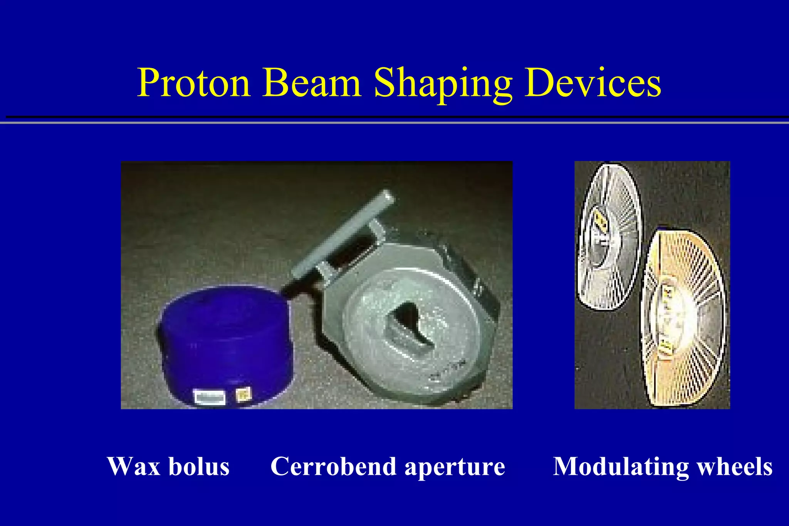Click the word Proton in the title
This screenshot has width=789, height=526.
tap(194, 83)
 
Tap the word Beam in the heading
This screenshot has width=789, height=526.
tap(311, 83)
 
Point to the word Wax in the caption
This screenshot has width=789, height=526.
tap(133, 467)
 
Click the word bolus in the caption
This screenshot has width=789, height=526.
tap(199, 467)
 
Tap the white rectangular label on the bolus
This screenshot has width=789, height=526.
tap(210, 397)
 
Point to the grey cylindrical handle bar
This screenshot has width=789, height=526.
tap(343, 235)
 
